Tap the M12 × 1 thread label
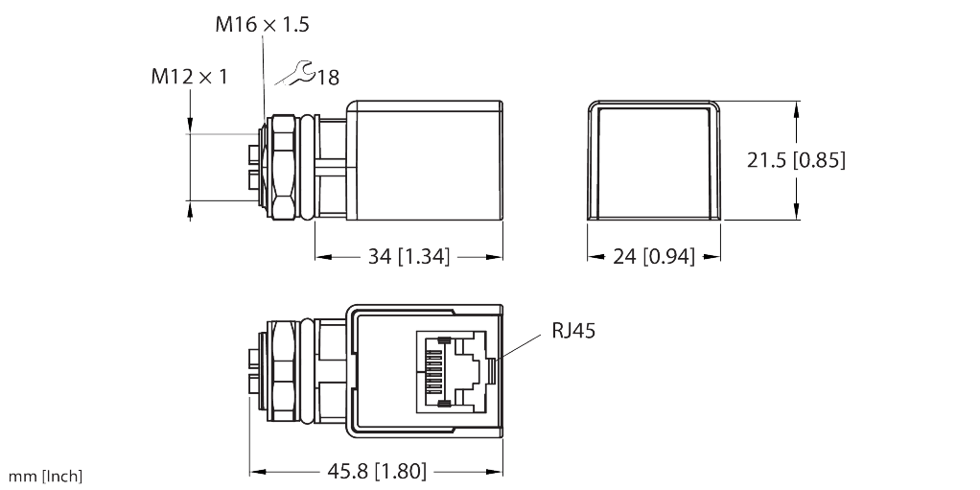tap(189, 76)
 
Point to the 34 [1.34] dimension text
tap(409, 257)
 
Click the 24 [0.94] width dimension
tap(654, 257)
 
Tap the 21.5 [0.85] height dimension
tap(796, 160)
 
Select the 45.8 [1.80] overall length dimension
tap(377, 471)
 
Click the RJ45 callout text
tap(574, 331)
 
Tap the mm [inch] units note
tap(45, 477)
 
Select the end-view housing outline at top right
tap(654, 160)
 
